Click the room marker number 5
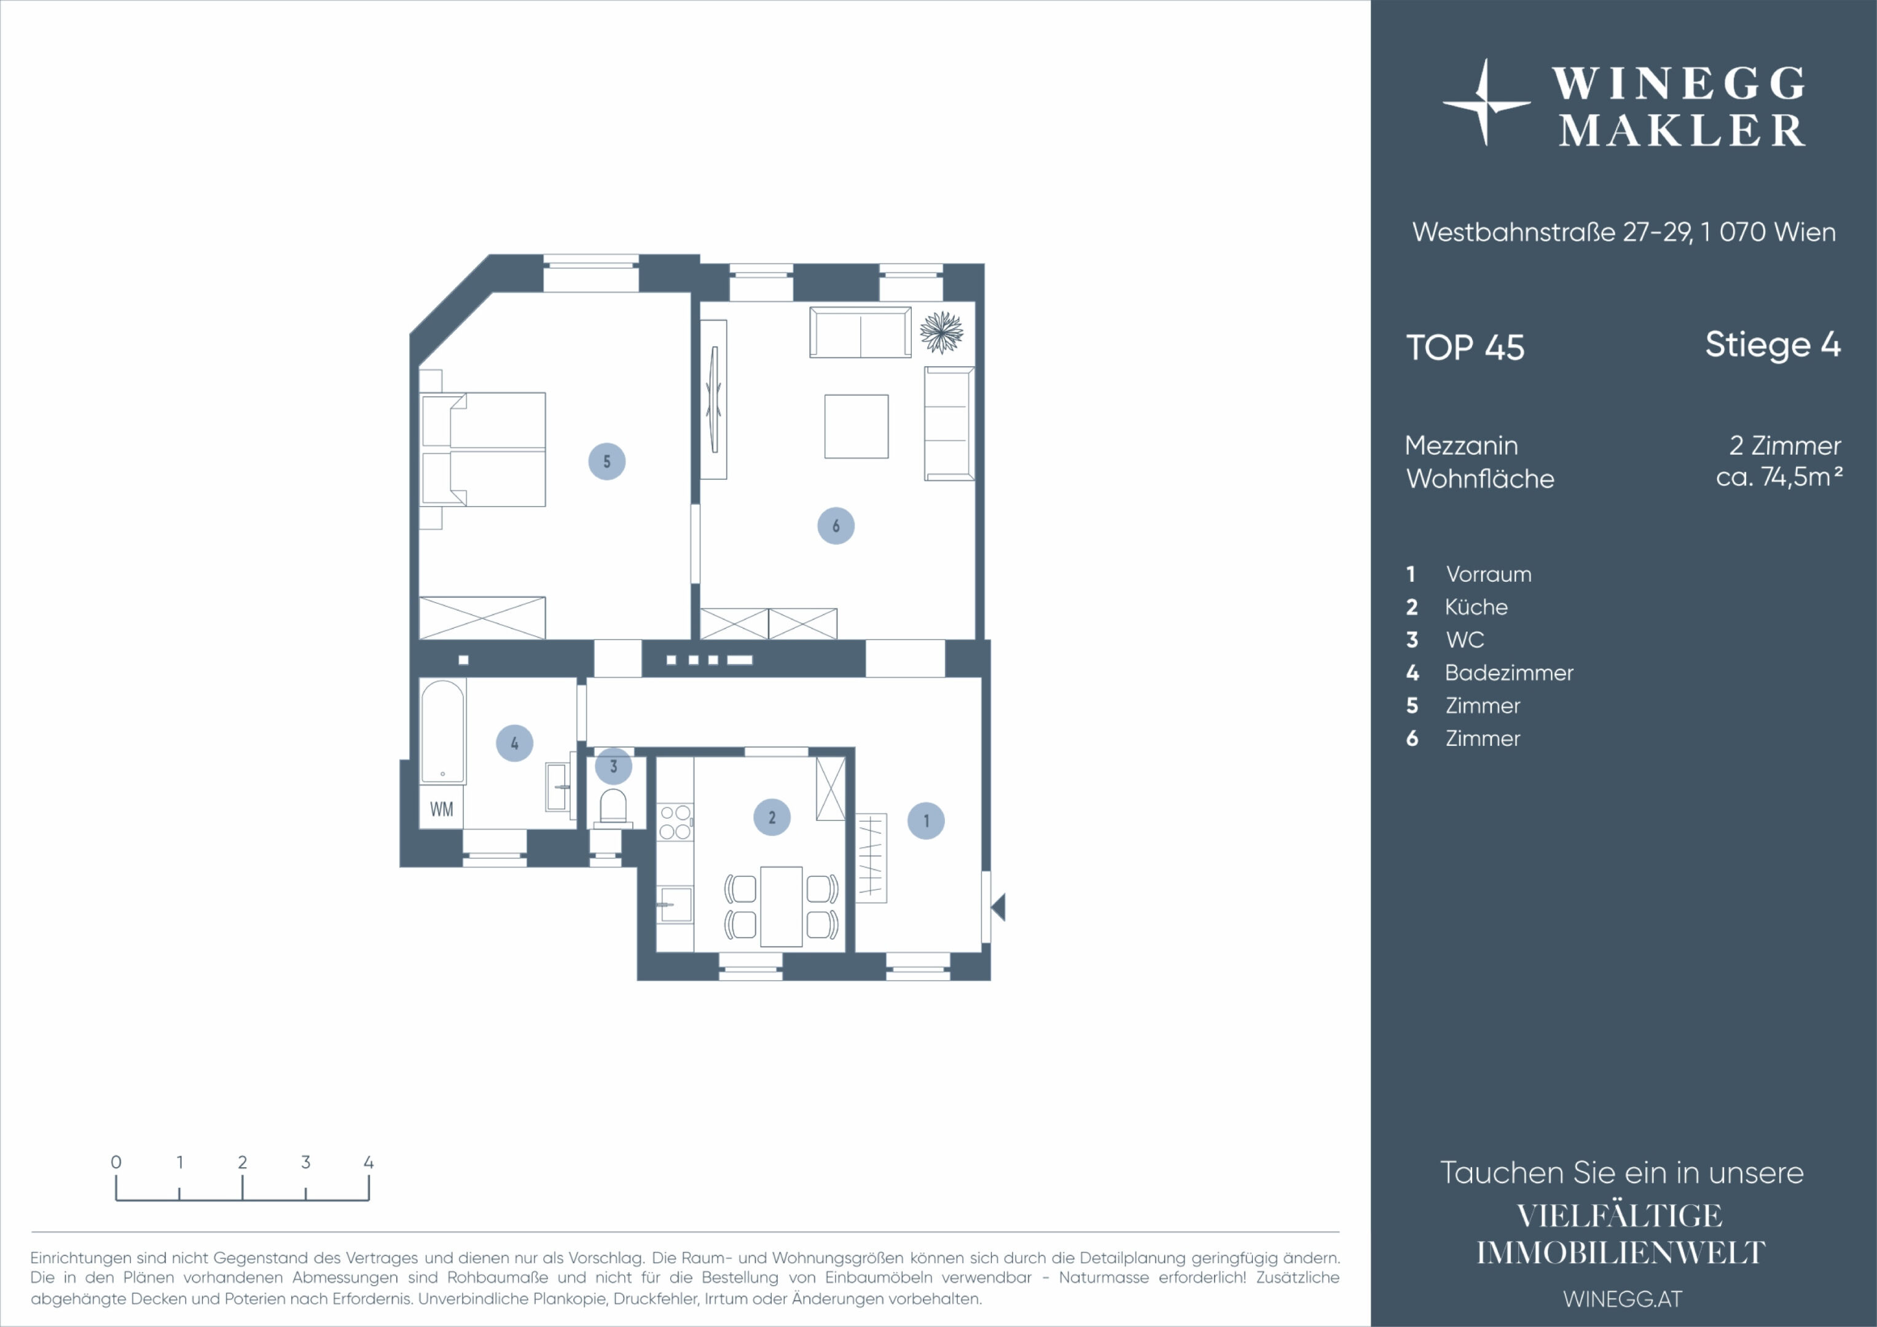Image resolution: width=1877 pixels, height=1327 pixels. coord(606,461)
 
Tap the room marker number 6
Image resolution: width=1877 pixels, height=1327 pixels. coord(836,526)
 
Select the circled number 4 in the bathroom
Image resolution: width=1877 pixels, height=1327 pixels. coord(514,743)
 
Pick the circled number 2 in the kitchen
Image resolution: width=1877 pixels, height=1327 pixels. coord(772,817)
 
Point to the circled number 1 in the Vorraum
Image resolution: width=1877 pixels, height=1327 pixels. coord(927,821)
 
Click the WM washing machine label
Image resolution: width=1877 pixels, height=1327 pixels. coord(442,810)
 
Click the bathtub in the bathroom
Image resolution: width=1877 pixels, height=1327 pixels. coord(442,732)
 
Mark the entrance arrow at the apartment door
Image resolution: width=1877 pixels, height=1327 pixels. coord(998,907)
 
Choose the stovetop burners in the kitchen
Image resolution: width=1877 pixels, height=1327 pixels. coord(675,822)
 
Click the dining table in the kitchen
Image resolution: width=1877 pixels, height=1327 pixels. coord(781,907)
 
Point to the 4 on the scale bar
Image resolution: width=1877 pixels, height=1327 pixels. coord(369,1162)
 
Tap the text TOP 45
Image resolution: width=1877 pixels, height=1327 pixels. coord(1465,348)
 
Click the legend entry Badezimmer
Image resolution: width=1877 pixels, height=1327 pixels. coord(1509,673)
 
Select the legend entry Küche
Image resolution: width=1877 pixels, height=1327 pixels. coord(1476,607)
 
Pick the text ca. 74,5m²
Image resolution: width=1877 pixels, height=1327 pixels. coord(1779,477)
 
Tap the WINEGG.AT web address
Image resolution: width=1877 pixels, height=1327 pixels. coord(1623,1299)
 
